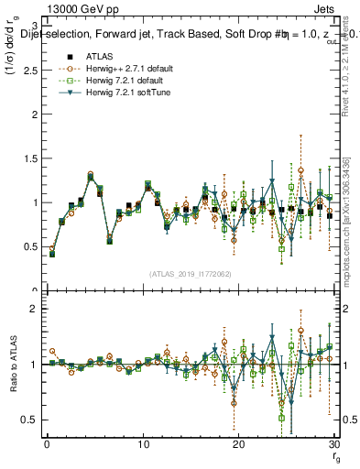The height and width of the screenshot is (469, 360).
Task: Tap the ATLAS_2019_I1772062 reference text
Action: point(190,274)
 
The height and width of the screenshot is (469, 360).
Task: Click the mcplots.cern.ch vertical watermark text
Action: point(351,220)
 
